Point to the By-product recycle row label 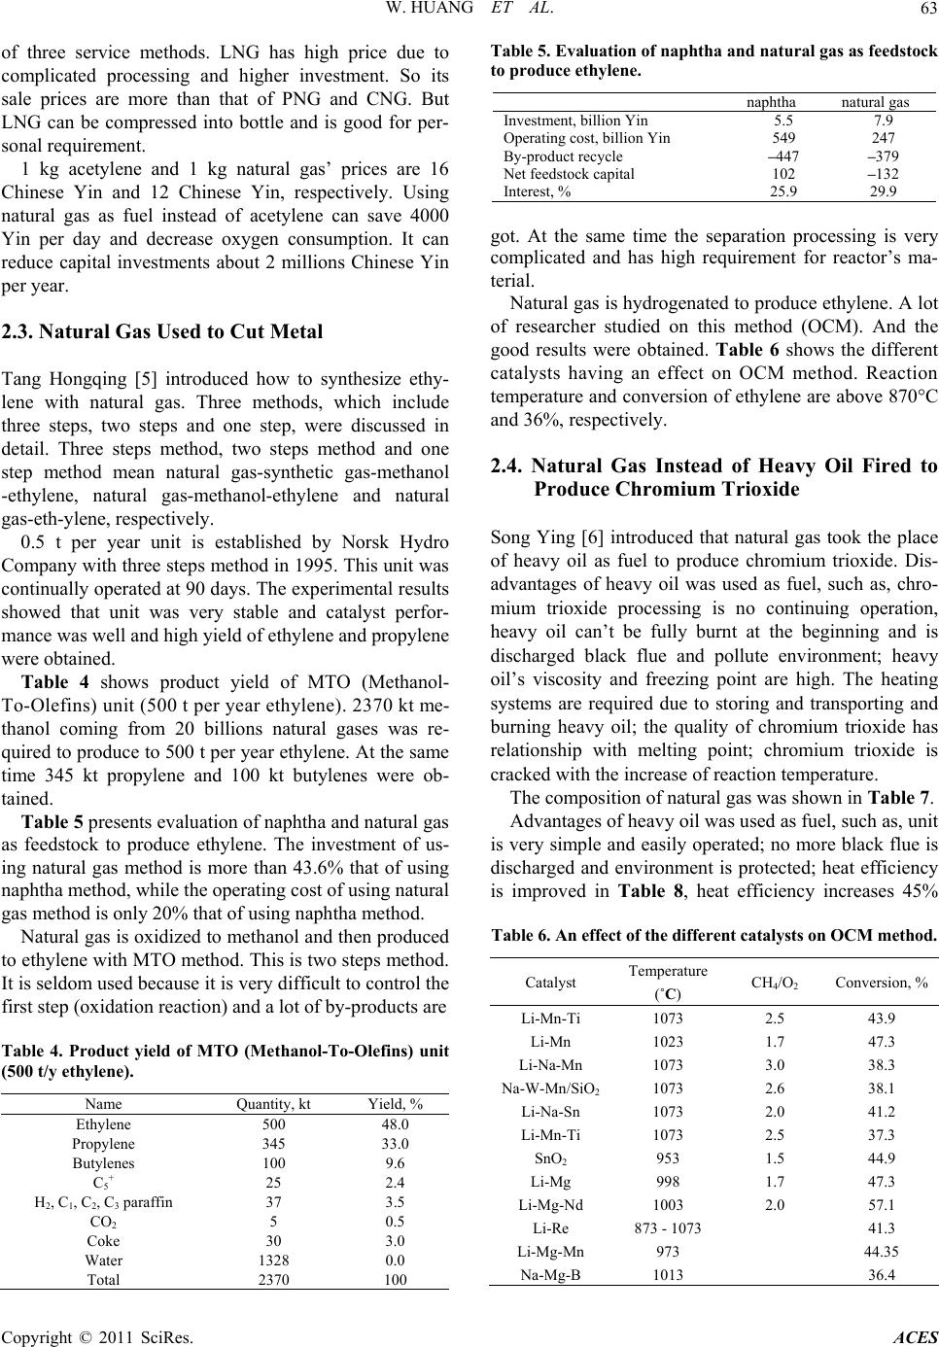(563, 156)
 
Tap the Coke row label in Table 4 (103, 1241)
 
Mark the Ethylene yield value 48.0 (394, 1124)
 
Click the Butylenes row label (103, 1162)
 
